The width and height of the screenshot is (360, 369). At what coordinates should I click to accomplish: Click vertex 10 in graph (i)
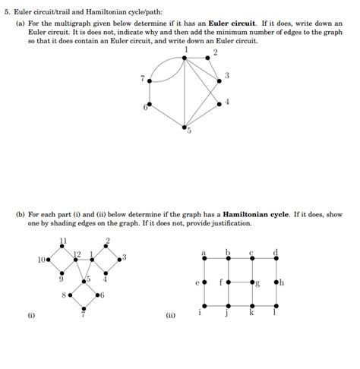point(49,260)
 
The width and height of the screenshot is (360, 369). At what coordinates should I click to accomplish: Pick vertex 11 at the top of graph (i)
point(64,247)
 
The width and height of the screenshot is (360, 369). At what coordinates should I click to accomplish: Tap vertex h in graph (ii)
point(276,282)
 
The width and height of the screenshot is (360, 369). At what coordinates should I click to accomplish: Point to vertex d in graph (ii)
point(276,258)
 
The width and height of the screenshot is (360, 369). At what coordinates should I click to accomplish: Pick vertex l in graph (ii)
point(276,307)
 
